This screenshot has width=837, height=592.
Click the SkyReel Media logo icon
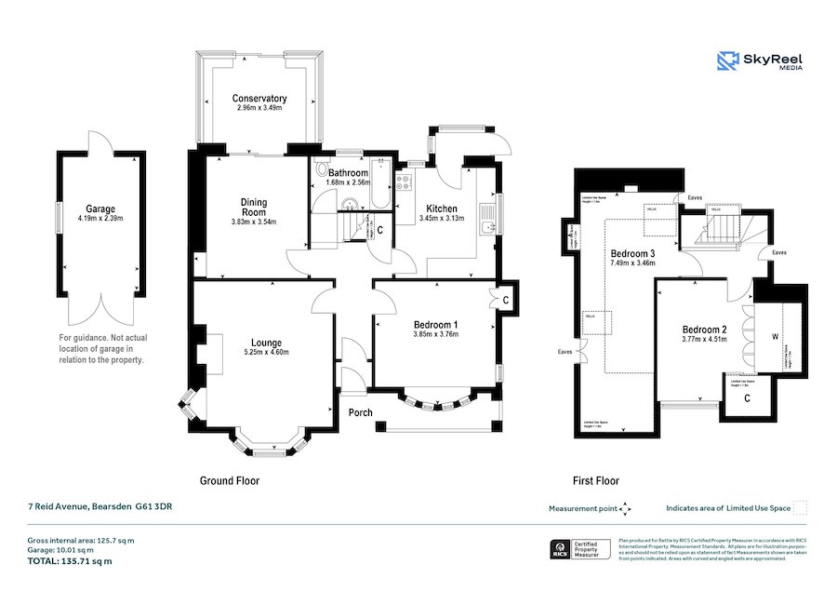pos(727,61)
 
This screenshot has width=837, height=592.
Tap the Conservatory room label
pos(259,99)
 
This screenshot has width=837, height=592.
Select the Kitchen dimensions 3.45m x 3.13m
pos(447,219)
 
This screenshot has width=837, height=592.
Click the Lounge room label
pos(266,343)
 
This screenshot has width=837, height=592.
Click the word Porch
pos(361,412)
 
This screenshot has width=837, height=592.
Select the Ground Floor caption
pos(230,481)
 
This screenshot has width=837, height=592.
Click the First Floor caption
pos(595,481)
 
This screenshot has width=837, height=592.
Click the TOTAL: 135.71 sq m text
pos(70,561)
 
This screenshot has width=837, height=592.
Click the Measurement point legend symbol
pos(626,508)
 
